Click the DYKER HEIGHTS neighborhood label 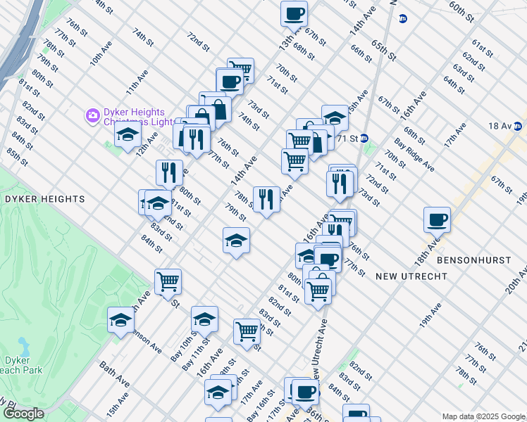pyautogui.click(x=44, y=199)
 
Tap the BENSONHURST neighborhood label pyautogui.click(x=473, y=260)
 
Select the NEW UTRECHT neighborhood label pyautogui.click(x=411, y=276)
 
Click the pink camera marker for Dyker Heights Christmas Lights pyautogui.click(x=92, y=115)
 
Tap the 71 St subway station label pyautogui.click(x=349, y=138)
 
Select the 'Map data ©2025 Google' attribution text pyautogui.click(x=483, y=416)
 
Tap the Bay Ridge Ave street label pyautogui.click(x=414, y=156)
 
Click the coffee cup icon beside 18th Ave pyautogui.click(x=437, y=219)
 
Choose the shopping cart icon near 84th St pyautogui.click(x=168, y=281)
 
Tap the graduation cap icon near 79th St pyautogui.click(x=236, y=241)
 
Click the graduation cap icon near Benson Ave pyautogui.click(x=120, y=320)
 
